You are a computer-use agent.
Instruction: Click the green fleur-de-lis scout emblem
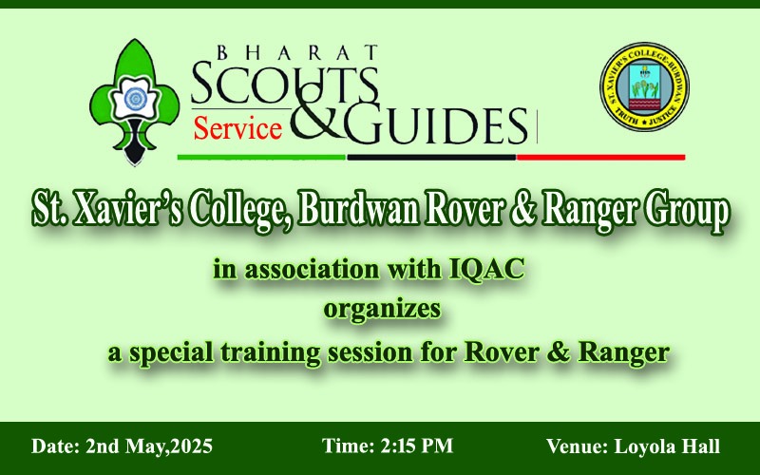coord(134,102)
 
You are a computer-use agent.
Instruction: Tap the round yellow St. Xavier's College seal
coord(644,86)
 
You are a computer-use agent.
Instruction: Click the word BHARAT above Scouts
coord(297,52)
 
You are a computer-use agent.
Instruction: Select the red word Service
coord(237,129)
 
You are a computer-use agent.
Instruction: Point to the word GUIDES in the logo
coord(436,125)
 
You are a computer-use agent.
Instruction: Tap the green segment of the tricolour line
coord(262,157)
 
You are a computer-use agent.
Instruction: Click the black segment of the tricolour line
coord(431,157)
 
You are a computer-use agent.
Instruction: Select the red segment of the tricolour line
coord(601,157)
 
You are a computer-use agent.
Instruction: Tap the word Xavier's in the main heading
coord(127,211)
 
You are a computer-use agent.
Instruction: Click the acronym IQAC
coord(487,269)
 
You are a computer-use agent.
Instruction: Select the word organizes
coord(383,310)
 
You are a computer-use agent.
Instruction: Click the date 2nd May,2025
coord(149,446)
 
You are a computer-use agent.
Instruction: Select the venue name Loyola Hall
coord(667,446)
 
